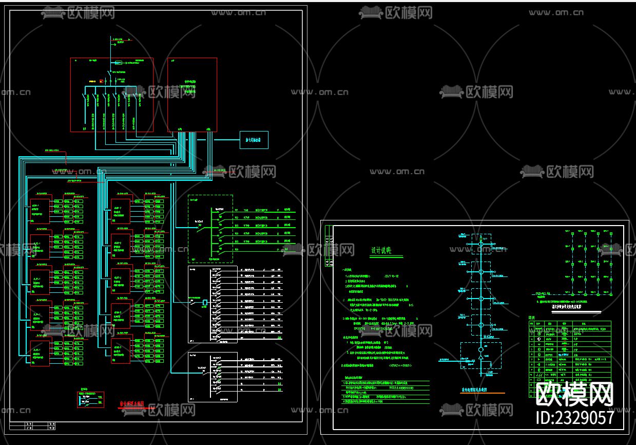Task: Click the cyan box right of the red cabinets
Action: [x=254, y=140]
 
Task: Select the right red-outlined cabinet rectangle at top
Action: [x=192, y=95]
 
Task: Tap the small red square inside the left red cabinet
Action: [x=101, y=81]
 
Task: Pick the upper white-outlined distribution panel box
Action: [x=213, y=304]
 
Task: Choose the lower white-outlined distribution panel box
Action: [x=213, y=377]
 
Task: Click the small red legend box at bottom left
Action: [x=90, y=399]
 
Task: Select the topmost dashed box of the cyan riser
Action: [x=481, y=244]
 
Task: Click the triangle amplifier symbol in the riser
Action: [x=480, y=357]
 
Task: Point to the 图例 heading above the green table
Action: [x=532, y=318]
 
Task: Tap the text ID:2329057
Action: [x=574, y=417]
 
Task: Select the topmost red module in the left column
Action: [x=40, y=210]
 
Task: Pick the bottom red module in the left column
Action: [x=40, y=353]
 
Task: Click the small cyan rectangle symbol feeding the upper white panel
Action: [x=205, y=302]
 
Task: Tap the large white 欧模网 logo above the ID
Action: [x=574, y=395]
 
